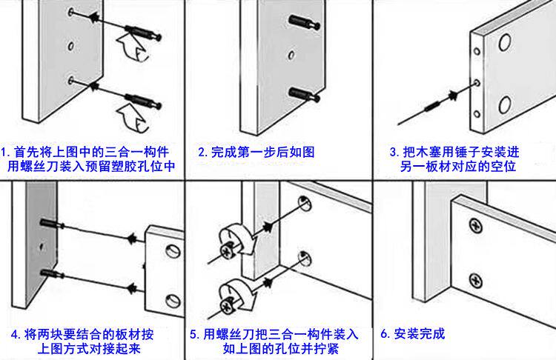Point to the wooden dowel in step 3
click(x=431, y=110)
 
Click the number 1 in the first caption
click(x=4, y=152)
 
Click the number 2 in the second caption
click(x=202, y=152)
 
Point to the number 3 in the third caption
click(x=394, y=152)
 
